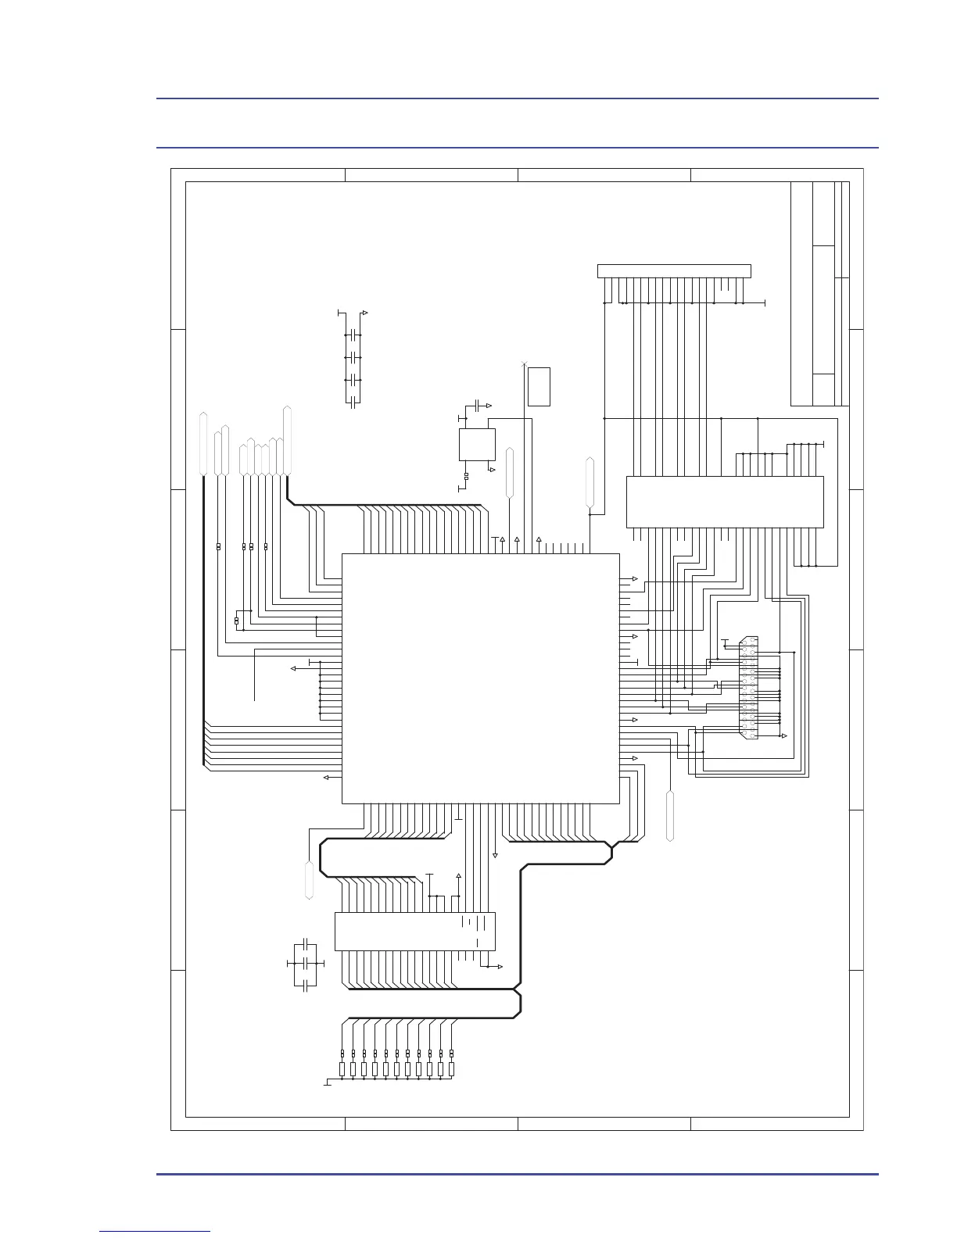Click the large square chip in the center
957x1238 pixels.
[x=480, y=678]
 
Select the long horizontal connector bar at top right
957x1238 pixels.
[x=673, y=271]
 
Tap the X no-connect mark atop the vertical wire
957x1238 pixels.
[x=523, y=364]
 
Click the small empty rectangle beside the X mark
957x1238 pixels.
[x=539, y=386]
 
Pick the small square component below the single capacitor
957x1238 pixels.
[x=476, y=444]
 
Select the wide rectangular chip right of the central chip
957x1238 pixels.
[x=724, y=501]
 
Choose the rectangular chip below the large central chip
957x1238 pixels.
[x=414, y=931]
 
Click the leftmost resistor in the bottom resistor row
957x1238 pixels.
[x=342, y=1068]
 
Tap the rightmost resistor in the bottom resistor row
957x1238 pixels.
[x=452, y=1068]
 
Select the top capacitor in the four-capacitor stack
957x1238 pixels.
[x=354, y=335]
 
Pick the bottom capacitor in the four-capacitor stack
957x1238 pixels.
[x=354, y=402]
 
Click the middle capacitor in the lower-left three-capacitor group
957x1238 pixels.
[x=307, y=965]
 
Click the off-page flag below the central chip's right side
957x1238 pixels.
[x=669, y=816]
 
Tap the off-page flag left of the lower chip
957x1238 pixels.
[x=309, y=880]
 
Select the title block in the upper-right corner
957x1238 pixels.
[x=819, y=293]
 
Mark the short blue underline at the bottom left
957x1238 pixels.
[x=156, y=1231]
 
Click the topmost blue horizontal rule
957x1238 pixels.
[x=517, y=98]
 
